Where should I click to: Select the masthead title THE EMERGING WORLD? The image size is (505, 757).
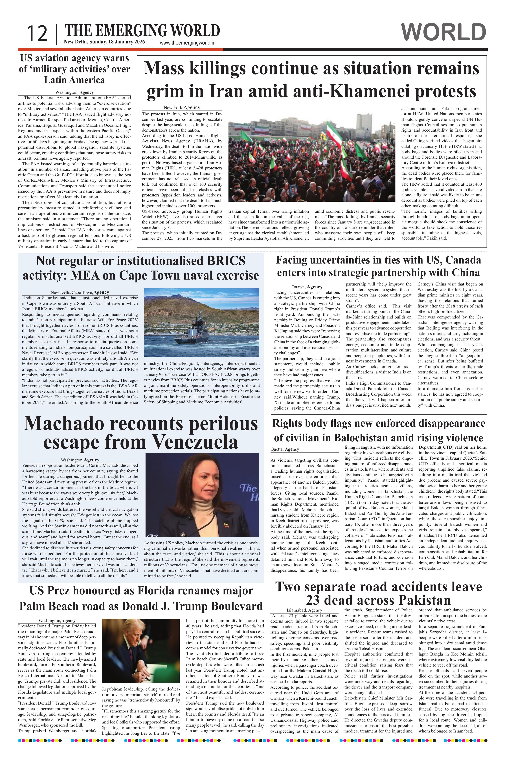tap(142, 31)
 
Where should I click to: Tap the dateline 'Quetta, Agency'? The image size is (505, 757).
tap(285, 449)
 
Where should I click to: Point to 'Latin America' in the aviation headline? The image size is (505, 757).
tap(74, 80)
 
